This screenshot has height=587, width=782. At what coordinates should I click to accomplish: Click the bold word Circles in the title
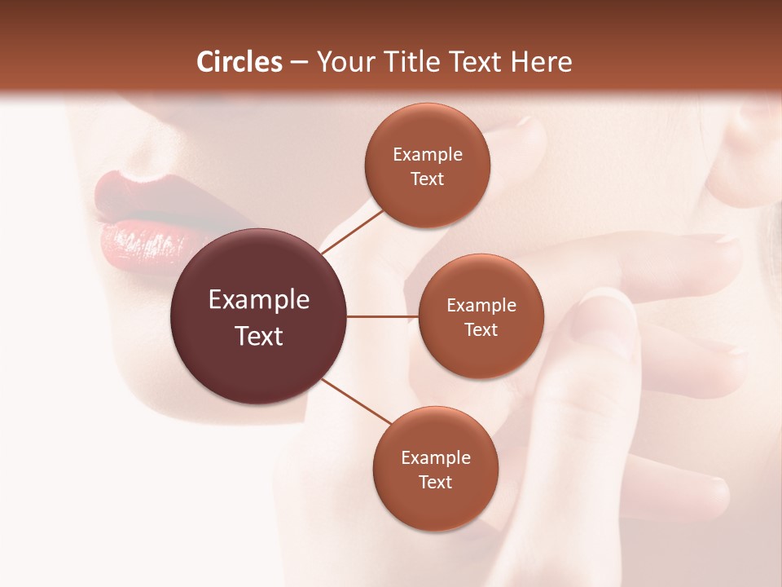coord(239,62)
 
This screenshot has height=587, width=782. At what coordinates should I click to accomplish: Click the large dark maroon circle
coord(258,316)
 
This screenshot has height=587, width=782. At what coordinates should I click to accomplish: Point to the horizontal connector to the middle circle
coord(383,316)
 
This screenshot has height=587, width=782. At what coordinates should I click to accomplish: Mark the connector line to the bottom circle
coord(357,400)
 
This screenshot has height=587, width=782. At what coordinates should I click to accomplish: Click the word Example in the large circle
coord(259,300)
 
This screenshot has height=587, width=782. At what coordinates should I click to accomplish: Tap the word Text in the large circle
coord(259,336)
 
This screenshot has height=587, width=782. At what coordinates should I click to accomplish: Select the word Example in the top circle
coord(428,155)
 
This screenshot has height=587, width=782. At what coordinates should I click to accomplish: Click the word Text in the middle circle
coord(481,330)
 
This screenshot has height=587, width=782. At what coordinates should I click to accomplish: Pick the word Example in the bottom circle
coord(436,458)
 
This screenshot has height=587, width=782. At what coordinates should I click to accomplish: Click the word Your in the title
coord(342,62)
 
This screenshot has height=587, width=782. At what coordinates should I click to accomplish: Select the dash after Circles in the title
coord(299,63)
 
